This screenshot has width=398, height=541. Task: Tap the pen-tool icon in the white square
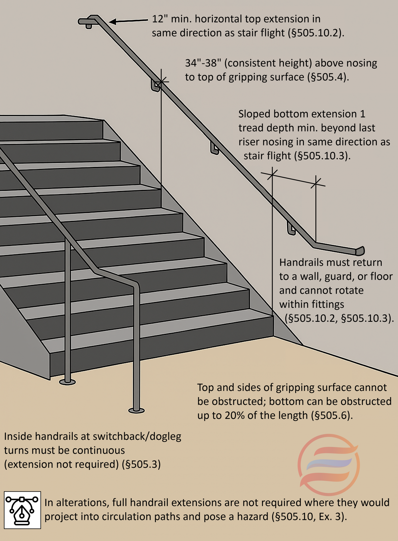pyautogui.click(x=22, y=510)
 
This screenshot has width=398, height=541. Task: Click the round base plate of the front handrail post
pyautogui.click(x=136, y=411)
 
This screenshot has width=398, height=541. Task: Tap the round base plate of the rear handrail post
pyautogui.click(x=67, y=382)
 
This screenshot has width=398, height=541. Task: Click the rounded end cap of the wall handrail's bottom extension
pyautogui.click(x=360, y=251)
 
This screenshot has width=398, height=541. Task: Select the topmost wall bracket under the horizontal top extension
pyautogui.click(x=89, y=26)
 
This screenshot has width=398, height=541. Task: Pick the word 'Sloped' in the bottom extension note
pyautogui.click(x=254, y=114)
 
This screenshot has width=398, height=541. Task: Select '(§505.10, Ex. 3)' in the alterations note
pyautogui.click(x=309, y=516)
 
